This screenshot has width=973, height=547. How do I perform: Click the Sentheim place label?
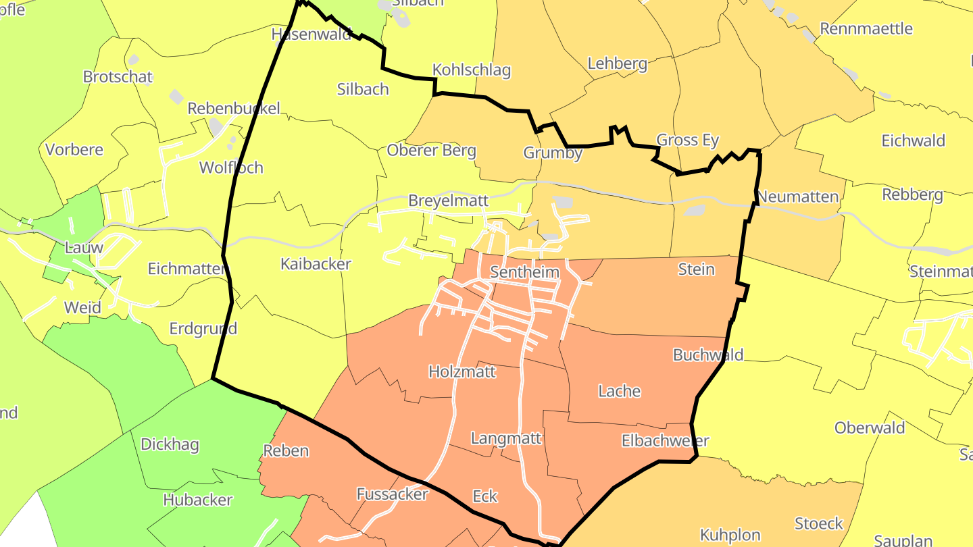tap(525, 273)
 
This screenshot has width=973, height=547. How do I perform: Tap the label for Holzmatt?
tap(462, 371)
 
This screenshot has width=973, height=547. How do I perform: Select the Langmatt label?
tap(506, 438)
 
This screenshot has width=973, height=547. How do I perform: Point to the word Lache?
tap(620, 391)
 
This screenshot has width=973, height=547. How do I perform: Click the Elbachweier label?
tap(665, 441)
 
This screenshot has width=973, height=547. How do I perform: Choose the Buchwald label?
tap(708, 355)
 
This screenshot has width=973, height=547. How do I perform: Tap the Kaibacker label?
tap(316, 264)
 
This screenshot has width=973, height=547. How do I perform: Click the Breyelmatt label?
tap(448, 201)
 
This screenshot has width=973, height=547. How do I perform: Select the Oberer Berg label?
tap(431, 151)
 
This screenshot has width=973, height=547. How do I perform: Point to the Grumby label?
tap(553, 153)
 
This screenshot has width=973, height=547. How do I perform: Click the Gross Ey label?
tap(688, 140)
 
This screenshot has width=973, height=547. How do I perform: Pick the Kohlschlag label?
tap(472, 70)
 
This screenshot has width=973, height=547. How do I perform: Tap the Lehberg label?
tap(618, 63)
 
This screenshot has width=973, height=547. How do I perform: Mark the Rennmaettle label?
tap(866, 28)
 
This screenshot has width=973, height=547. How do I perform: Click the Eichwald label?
tap(914, 140)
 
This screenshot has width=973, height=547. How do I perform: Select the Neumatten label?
tap(798, 197)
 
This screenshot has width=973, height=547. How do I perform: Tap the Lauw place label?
tap(84, 247)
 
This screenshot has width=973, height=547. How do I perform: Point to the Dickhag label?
tap(170, 444)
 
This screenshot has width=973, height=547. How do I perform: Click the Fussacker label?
tap(392, 494)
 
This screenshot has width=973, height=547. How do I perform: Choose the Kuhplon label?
tap(730, 535)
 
